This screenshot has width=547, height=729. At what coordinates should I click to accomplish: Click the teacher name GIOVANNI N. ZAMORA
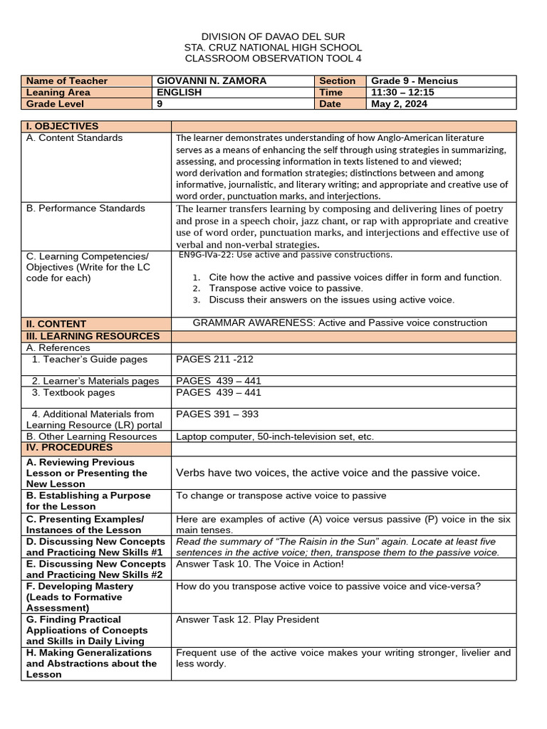click(212, 81)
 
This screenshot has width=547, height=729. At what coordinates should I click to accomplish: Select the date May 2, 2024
click(400, 104)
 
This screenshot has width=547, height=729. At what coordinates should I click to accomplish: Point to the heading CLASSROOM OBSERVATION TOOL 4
click(273, 58)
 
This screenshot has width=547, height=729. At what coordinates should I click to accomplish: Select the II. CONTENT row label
click(56, 323)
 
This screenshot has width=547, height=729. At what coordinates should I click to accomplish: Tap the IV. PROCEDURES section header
click(69, 448)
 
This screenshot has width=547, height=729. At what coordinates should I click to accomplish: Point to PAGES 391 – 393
click(217, 414)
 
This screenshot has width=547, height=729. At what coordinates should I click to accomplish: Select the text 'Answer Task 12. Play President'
click(247, 619)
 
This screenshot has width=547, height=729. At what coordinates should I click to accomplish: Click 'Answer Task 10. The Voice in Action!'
click(259, 564)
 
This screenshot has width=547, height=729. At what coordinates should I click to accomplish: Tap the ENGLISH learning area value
click(179, 93)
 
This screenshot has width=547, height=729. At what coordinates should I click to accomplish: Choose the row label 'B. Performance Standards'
click(85, 209)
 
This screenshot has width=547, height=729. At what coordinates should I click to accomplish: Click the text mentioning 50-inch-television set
click(274, 436)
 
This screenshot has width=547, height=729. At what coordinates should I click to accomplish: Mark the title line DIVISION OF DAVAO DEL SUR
click(273, 36)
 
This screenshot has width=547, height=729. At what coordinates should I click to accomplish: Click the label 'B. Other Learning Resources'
click(91, 436)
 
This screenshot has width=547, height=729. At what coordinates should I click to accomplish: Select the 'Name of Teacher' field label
click(67, 81)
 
